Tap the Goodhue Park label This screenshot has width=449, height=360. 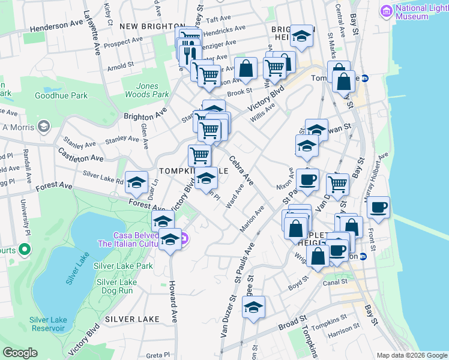pos(61,95)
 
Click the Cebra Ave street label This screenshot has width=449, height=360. pos(240,170)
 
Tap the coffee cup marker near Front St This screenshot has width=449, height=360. pos(378,208)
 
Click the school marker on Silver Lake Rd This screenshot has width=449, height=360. pos(136,182)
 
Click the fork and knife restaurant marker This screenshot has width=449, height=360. pos(190,55)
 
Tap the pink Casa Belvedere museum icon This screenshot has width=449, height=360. pos(184,239)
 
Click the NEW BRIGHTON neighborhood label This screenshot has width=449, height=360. pos(151,27)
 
